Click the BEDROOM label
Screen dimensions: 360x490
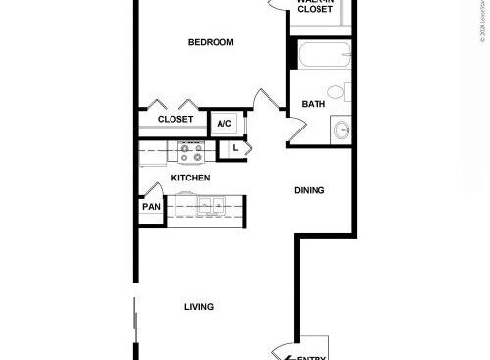pos(211,42)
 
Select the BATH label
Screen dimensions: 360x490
pos(314,104)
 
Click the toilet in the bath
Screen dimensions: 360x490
pos(336,93)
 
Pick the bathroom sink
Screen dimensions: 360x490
pos(340,129)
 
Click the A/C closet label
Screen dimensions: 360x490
pos(224,124)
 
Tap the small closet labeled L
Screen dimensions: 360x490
pos(234,149)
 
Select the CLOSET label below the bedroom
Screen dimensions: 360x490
pos(174,120)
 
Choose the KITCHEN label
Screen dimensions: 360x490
pos(191,178)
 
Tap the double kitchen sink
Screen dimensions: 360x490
pos(211,206)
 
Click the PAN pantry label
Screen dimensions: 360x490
pos(150,208)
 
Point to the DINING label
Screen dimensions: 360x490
pos(310,190)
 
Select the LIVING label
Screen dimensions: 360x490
pos(199,307)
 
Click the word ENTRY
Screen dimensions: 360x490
pos(312,356)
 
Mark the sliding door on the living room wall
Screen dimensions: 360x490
pos(134,324)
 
